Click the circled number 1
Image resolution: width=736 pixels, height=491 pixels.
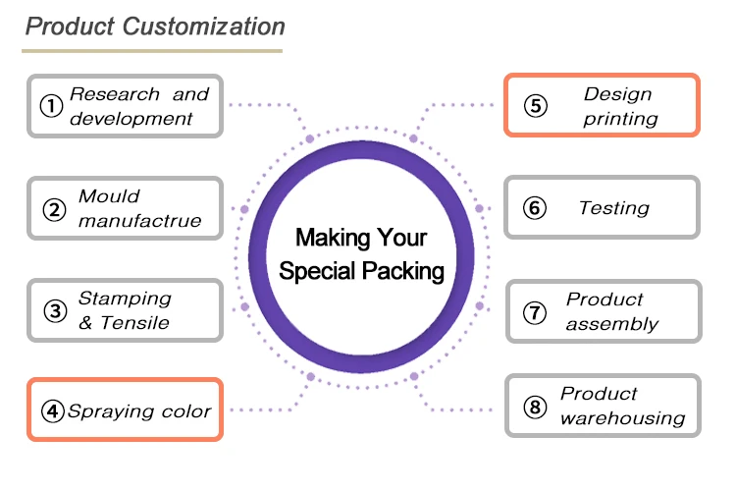(x=50, y=105)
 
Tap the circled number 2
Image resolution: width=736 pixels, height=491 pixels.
(x=53, y=208)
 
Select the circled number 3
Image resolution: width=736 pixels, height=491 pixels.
(x=55, y=311)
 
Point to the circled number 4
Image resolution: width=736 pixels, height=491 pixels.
(x=52, y=410)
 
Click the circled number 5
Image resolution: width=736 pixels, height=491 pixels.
(x=535, y=106)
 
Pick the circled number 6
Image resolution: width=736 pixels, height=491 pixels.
(x=535, y=208)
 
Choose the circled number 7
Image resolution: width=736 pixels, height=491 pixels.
(x=535, y=312)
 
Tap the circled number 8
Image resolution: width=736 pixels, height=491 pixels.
(x=535, y=407)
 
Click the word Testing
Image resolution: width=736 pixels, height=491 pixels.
(x=613, y=208)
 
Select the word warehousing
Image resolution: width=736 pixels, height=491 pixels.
(x=622, y=418)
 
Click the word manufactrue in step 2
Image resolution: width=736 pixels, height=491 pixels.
(x=139, y=221)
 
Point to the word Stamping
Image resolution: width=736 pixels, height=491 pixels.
(x=125, y=299)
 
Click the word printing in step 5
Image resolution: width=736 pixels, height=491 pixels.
(x=620, y=119)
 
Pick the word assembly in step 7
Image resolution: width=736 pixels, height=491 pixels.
(x=611, y=324)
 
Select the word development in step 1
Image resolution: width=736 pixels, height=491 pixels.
(x=131, y=119)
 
